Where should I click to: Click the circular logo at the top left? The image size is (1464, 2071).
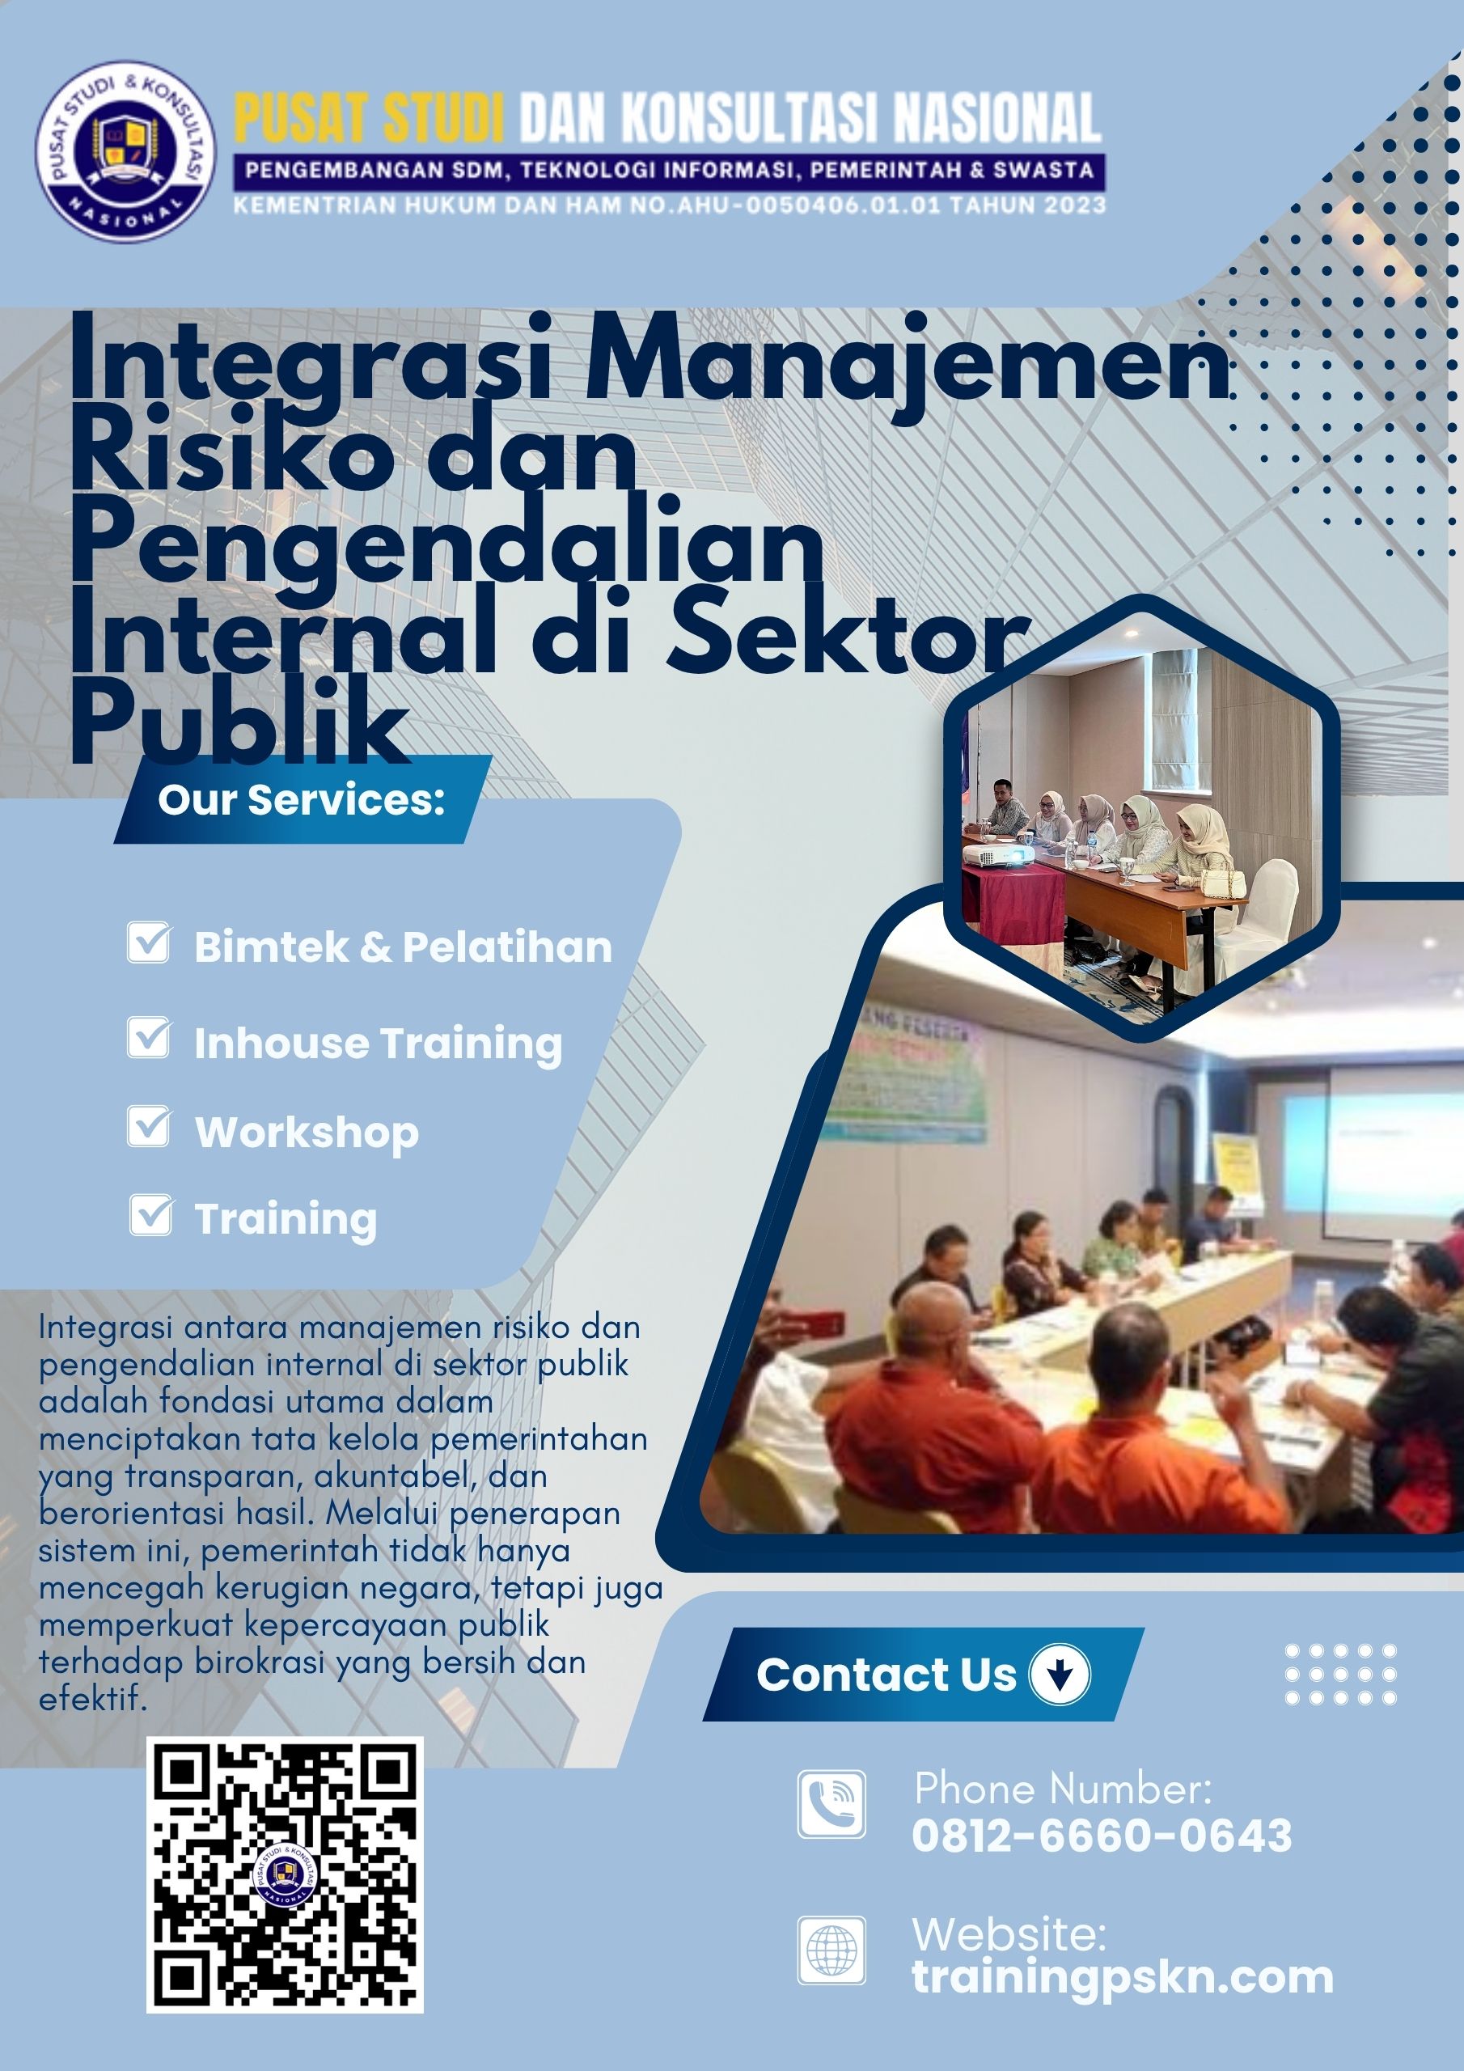[125, 150]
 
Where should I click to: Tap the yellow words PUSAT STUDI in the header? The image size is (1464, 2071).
[368, 118]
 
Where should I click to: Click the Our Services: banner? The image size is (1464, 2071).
[303, 800]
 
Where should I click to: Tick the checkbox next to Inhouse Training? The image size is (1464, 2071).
[148, 1037]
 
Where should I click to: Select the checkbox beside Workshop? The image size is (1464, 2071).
[148, 1127]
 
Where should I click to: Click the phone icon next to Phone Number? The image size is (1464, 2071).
[831, 1804]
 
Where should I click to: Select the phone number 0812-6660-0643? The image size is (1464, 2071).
[1102, 1836]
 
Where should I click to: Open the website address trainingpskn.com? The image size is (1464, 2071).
[1122, 1977]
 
